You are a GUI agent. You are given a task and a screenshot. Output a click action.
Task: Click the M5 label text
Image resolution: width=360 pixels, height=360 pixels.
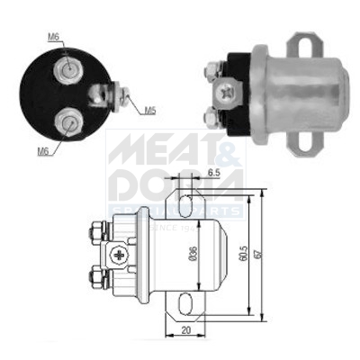152,110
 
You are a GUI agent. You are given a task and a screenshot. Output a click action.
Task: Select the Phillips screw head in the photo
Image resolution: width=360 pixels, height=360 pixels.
226,91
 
